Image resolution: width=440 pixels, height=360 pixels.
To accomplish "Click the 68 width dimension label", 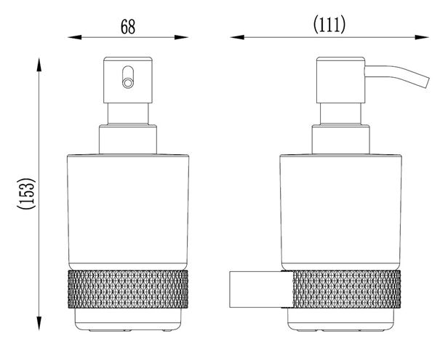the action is (x=128, y=26).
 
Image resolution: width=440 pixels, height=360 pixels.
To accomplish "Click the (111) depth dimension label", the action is (x=329, y=25).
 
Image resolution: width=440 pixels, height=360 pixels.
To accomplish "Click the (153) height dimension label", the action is (x=26, y=193).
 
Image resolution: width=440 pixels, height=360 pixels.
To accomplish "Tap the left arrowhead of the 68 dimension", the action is (x=75, y=37).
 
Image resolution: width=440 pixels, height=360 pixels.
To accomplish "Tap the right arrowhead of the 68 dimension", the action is (x=181, y=37).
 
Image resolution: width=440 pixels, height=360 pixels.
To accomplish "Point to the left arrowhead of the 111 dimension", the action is (x=237, y=37).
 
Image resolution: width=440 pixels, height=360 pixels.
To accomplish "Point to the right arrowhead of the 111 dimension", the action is (x=422, y=37).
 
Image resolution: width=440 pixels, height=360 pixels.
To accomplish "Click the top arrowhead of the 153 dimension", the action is (x=39, y=65).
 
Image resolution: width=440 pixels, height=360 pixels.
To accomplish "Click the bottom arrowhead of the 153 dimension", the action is (x=39, y=323).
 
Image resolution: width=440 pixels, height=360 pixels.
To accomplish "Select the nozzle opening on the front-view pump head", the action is (x=128, y=83).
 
